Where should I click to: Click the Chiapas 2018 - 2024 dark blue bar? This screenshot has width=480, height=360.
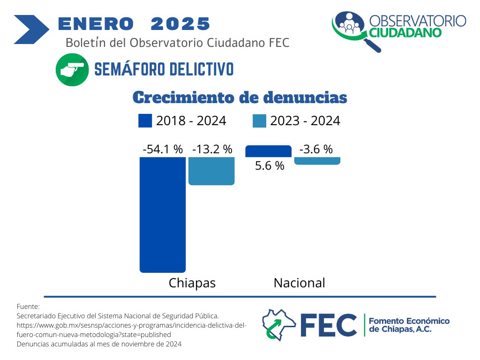163,214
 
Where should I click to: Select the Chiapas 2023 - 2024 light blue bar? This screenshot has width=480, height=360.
211,171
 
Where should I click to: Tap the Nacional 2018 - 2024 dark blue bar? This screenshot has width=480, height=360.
268,151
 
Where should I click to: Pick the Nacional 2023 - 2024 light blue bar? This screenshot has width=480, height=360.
317,160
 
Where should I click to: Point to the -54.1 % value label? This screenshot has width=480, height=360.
163,150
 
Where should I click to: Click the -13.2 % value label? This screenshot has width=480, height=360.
212,150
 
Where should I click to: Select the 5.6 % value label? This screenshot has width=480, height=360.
270,165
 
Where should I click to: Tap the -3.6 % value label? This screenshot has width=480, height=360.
316,150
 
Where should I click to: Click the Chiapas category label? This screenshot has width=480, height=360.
192,283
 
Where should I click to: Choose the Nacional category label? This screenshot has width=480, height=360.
299,283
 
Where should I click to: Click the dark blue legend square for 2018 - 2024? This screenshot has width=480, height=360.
145,121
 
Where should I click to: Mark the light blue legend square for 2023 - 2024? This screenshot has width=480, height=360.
259,121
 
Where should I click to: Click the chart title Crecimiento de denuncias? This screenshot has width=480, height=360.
240,97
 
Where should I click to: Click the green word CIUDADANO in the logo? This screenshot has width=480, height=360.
405,33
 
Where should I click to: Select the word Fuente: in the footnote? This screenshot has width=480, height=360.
28,306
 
